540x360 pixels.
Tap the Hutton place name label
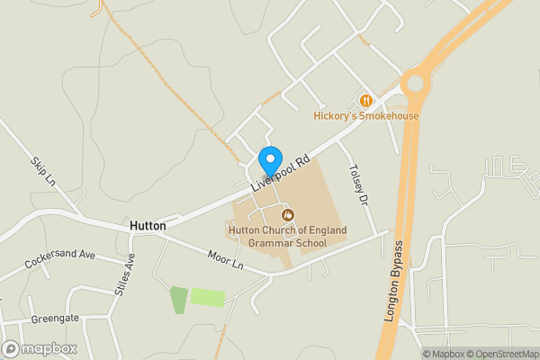click(x=148, y=226)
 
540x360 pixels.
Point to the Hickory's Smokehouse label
click(x=366, y=115)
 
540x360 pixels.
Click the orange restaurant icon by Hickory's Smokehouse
click(x=365, y=101)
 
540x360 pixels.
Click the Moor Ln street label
click(x=225, y=261)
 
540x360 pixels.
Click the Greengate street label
click(x=56, y=319)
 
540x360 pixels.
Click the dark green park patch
click(x=179, y=300)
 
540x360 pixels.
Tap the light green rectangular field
click(x=208, y=297)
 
